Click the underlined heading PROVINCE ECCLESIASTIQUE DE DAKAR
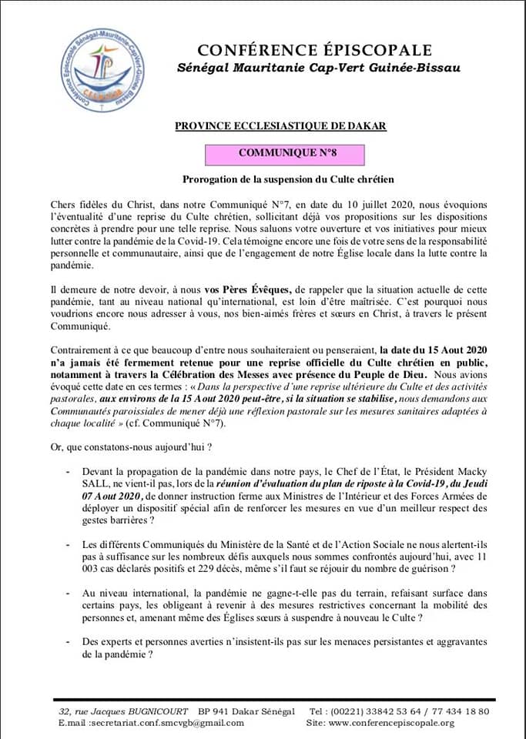[280, 125]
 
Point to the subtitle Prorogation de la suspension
[288, 180]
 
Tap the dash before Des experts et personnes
[71, 643]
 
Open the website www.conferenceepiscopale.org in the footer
[397, 723]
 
